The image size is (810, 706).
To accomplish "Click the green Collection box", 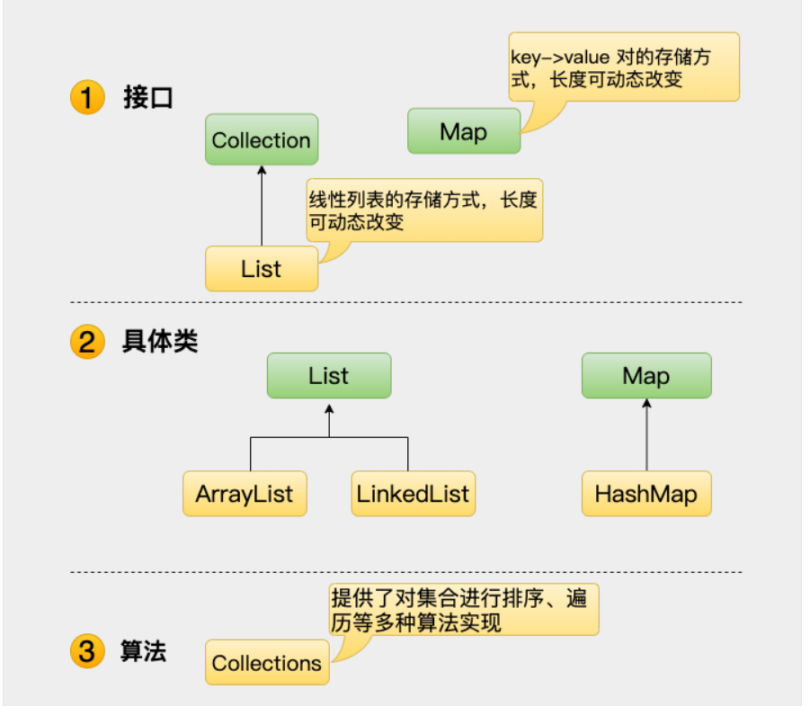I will pyautogui.click(x=262, y=139).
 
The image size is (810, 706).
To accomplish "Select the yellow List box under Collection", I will pyautogui.click(x=262, y=268).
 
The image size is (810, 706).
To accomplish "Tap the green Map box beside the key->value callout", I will pyautogui.click(x=464, y=131).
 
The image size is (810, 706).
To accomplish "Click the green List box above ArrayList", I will pyautogui.click(x=328, y=375).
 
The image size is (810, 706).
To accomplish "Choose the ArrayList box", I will pyautogui.click(x=245, y=494).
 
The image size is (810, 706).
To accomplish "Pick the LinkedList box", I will pyautogui.click(x=413, y=494).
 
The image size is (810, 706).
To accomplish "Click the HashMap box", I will pyautogui.click(x=646, y=494).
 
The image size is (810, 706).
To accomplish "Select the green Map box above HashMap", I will pyautogui.click(x=646, y=375).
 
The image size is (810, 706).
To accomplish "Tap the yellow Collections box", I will pyautogui.click(x=267, y=663).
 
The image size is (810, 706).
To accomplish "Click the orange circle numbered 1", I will pyautogui.click(x=87, y=97).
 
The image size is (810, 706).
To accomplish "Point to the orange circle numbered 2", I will pyautogui.click(x=87, y=343).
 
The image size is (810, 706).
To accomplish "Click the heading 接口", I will pyautogui.click(x=147, y=97).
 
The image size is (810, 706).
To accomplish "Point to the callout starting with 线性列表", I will pyautogui.click(x=424, y=210).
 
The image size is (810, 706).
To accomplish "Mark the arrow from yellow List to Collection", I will pyautogui.click(x=262, y=205).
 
